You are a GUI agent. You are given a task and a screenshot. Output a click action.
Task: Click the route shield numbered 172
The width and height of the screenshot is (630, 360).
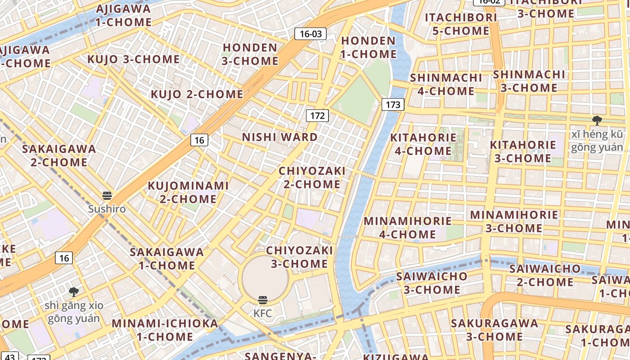pos(317,116)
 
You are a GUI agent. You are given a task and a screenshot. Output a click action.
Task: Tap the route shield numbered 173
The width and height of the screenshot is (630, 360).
pos(393,105)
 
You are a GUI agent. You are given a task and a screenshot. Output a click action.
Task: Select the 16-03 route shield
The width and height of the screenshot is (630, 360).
pos(310,34)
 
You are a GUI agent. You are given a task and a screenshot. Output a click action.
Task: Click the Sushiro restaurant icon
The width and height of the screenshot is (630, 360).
pos(107,196)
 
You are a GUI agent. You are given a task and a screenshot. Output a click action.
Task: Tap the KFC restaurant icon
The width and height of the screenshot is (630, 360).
pos(263,300)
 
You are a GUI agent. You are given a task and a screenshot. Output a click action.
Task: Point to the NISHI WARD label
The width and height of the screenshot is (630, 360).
pos(280,137)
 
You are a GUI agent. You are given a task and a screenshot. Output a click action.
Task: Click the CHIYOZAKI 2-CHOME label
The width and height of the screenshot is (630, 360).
pos(312,178)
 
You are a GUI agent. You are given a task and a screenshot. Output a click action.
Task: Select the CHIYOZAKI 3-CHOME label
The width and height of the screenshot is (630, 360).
pos(299,257)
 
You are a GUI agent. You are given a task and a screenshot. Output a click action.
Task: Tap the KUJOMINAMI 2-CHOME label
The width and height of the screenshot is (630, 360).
pos(189,192)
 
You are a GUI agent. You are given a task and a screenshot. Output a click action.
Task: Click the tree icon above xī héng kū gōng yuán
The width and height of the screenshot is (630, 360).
pos(597,120)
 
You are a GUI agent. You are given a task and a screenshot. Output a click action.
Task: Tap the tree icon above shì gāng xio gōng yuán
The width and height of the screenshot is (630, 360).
pos(74,292)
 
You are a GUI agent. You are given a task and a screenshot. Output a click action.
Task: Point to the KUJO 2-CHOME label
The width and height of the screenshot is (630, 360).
pos(197,94)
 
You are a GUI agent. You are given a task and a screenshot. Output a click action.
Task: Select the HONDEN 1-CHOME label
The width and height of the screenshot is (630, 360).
pos(369,47)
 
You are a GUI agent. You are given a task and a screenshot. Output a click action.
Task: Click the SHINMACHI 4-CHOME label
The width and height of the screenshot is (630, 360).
pos(446,84)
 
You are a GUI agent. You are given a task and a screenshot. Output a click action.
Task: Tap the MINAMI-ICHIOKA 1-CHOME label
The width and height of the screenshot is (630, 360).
pos(165,330)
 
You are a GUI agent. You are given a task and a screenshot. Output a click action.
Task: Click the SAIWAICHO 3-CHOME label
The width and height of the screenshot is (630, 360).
pos(432,283)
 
